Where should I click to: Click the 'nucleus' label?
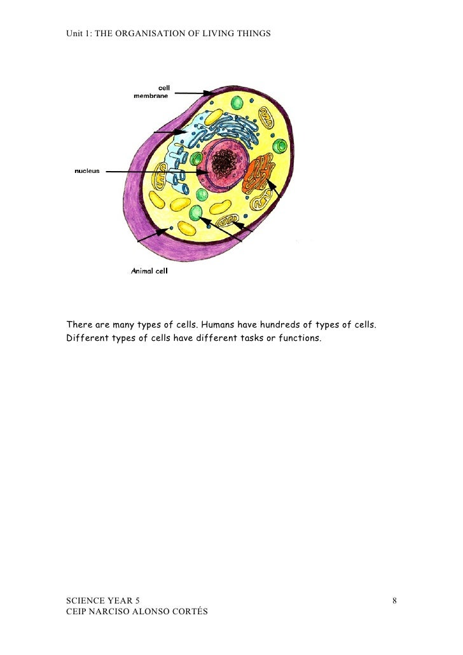pos(87,171)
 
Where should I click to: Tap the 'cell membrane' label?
pos(151,92)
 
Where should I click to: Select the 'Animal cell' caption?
pos(149,271)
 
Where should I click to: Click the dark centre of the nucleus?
pos(224,164)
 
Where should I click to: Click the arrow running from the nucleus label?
pos(156,172)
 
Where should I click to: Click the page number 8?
pos(395,600)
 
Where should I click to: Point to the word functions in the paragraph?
pos(298,338)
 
